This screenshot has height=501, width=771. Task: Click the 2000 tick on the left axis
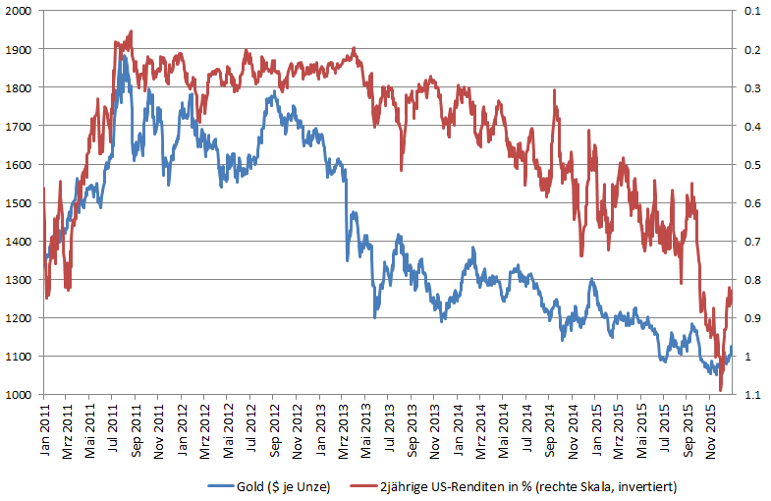click(x=18, y=10)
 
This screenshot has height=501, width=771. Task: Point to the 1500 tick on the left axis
click(x=18, y=202)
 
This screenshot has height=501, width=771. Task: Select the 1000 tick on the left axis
click(x=18, y=395)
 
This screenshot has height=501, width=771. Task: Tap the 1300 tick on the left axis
click(x=18, y=279)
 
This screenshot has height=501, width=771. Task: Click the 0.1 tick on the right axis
click(x=753, y=10)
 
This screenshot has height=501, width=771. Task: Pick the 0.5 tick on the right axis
click(x=753, y=164)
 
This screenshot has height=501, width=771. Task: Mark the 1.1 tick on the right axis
click(x=753, y=395)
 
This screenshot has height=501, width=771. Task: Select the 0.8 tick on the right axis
click(x=753, y=279)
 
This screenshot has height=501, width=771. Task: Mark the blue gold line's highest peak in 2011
click(x=124, y=56)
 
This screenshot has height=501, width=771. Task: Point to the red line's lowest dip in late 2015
click(x=720, y=390)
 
